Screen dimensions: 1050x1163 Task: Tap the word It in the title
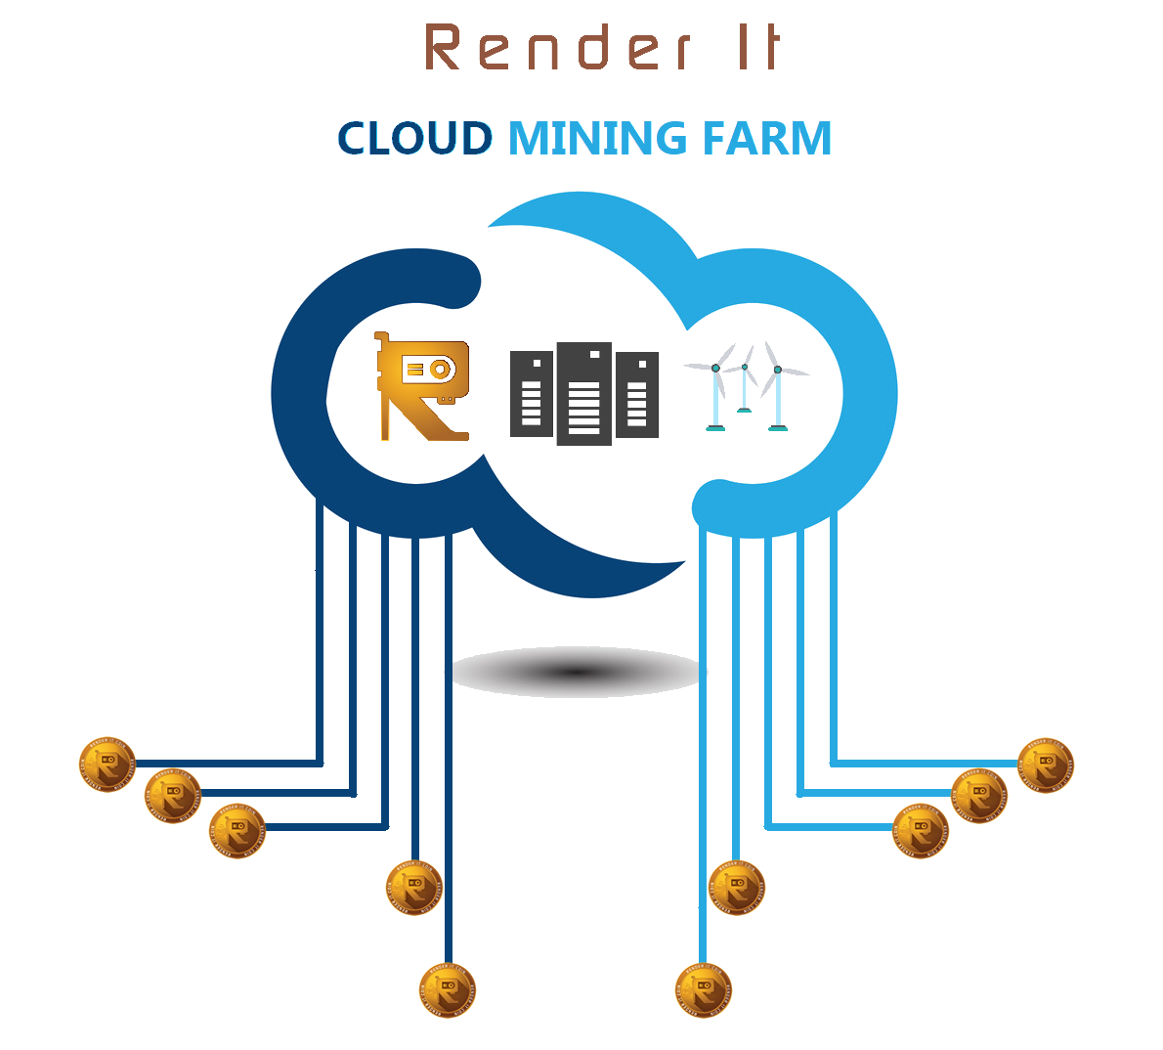coord(756,49)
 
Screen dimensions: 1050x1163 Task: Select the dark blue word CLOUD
coord(415,139)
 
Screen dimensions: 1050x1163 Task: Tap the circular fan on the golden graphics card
coord(441,369)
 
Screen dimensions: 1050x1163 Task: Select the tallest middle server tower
coord(584,394)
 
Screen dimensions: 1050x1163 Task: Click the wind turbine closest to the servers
coord(716,391)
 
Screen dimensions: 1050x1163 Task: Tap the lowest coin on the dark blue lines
coord(447,990)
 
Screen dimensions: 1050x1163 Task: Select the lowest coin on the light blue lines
coord(704,990)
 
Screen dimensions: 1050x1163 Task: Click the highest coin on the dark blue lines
coord(107,764)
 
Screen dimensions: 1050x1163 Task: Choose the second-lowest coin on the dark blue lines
coord(414,888)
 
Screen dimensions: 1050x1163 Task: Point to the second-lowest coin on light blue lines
coord(736,888)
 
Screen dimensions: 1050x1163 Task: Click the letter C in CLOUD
coord(355,139)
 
